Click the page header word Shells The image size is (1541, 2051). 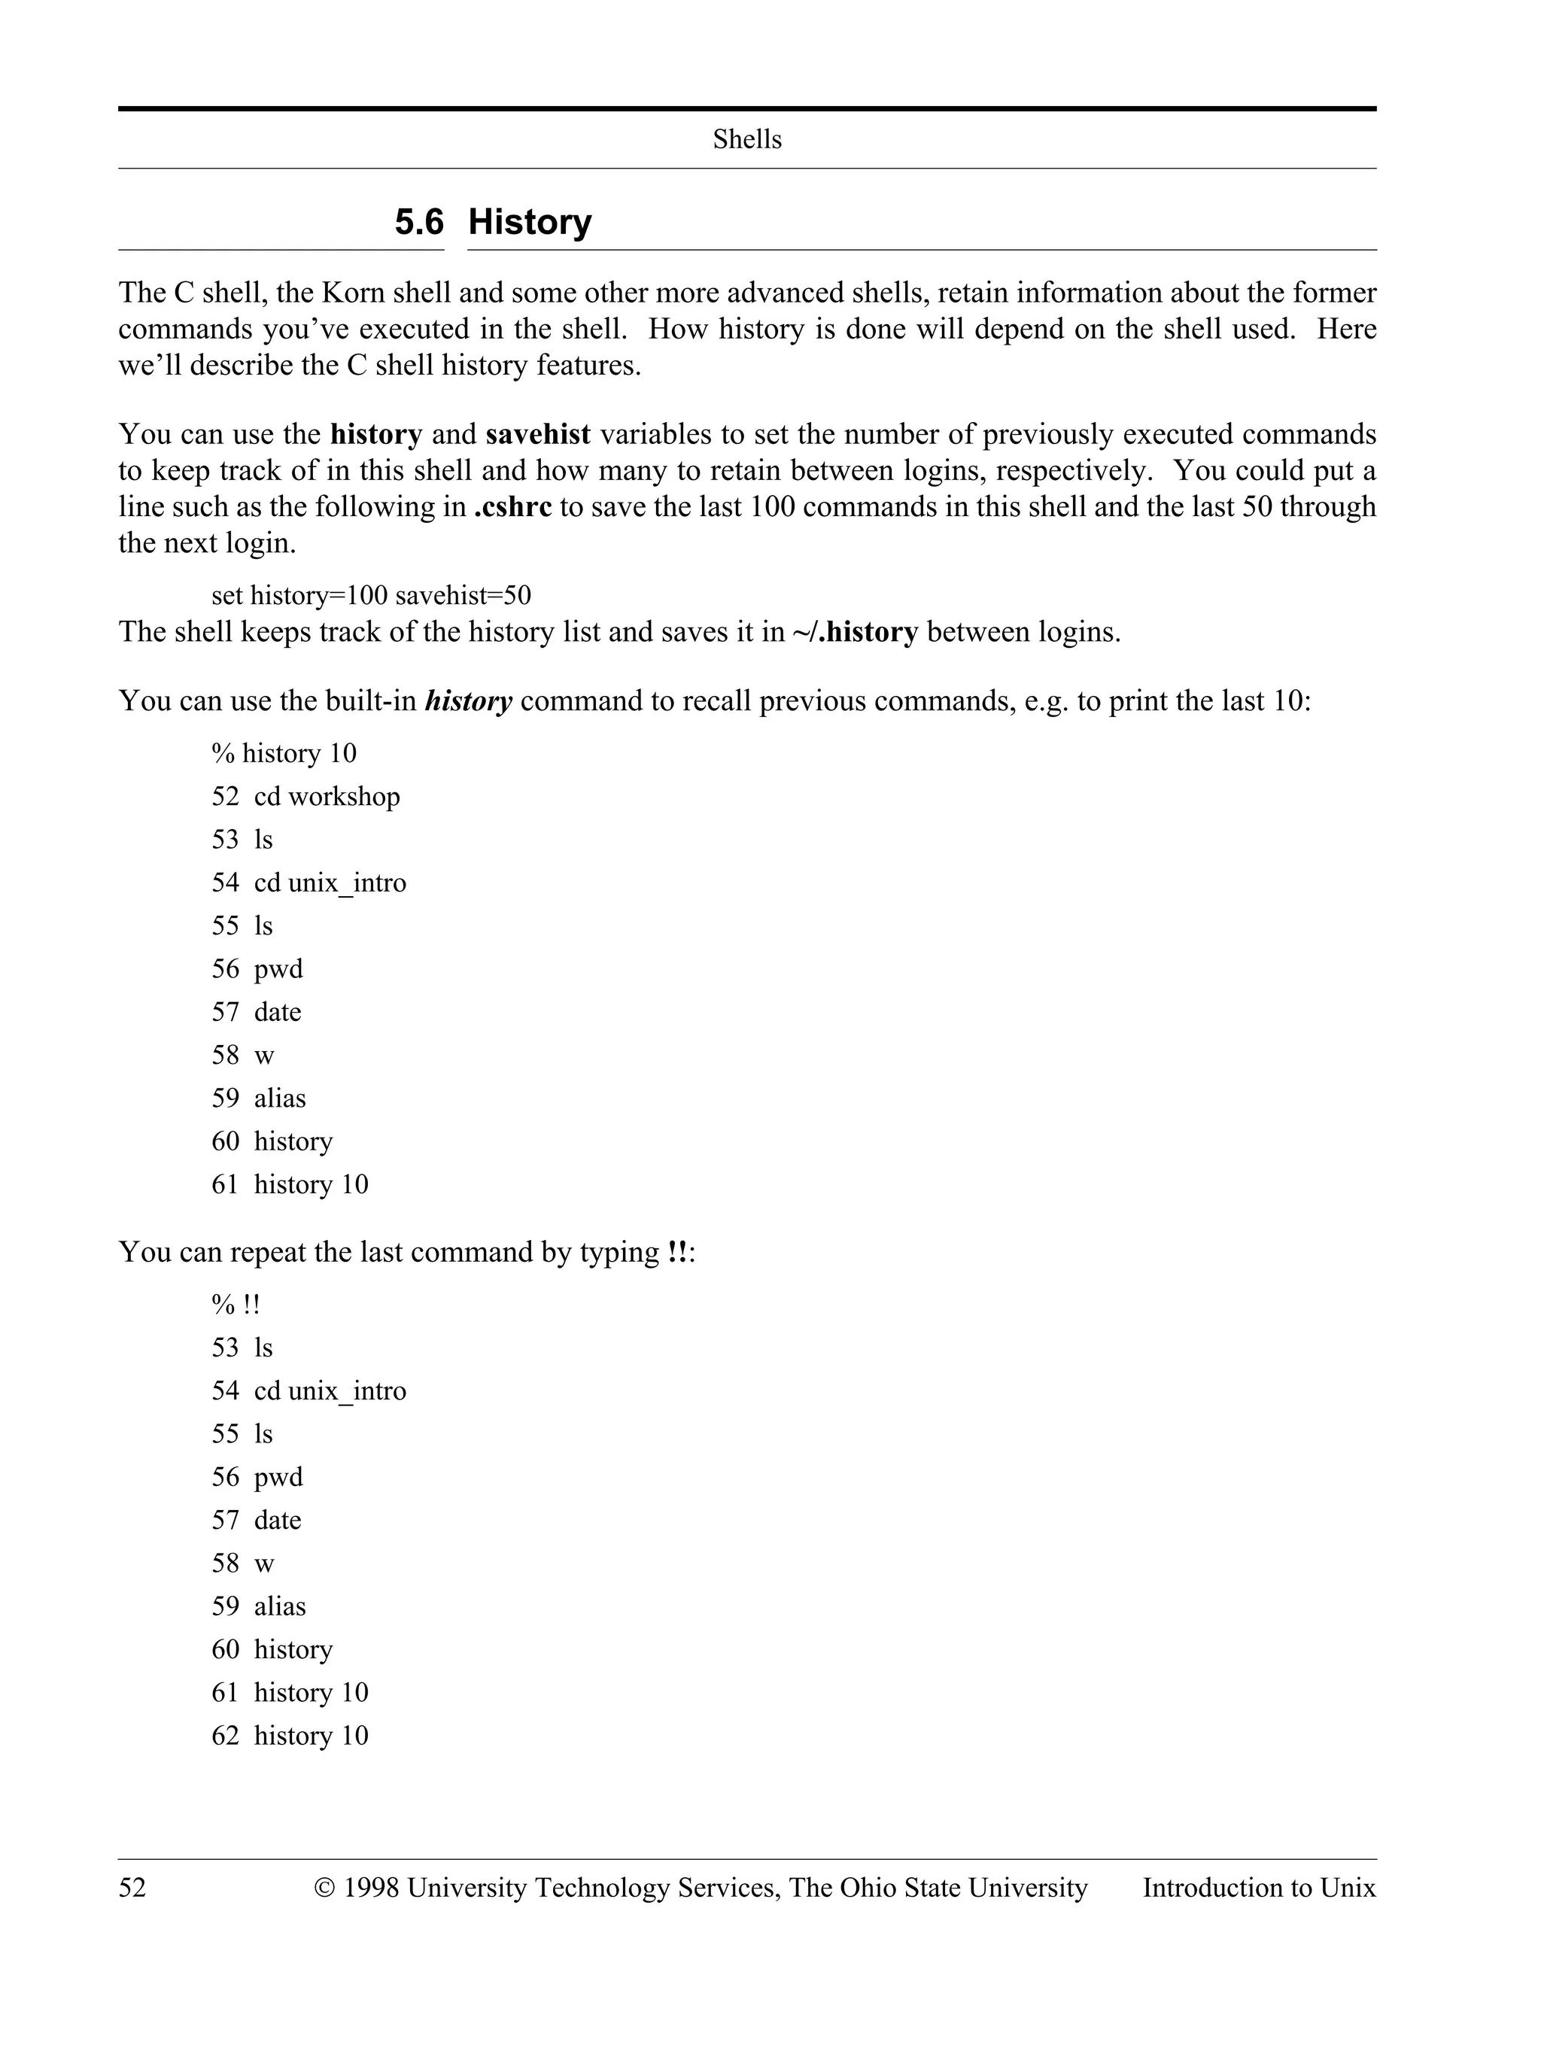point(746,139)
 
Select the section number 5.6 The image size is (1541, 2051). point(419,223)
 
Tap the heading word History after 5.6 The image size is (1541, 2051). point(530,223)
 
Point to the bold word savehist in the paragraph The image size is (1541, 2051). point(538,434)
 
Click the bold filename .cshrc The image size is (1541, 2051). point(512,506)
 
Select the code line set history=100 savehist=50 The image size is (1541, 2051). point(371,595)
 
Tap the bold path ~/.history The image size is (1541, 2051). point(855,632)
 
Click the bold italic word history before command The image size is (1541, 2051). point(468,701)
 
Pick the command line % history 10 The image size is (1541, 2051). point(284,753)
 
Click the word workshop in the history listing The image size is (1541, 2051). point(344,797)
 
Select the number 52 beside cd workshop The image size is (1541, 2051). point(225,797)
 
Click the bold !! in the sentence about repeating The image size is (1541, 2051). point(677,1253)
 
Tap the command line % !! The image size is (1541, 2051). point(236,1305)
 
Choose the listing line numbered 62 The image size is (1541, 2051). point(289,1736)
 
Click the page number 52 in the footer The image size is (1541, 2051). point(132,1888)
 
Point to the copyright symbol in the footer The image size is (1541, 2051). point(324,1888)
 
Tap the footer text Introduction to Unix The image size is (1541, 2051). point(1259,1888)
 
